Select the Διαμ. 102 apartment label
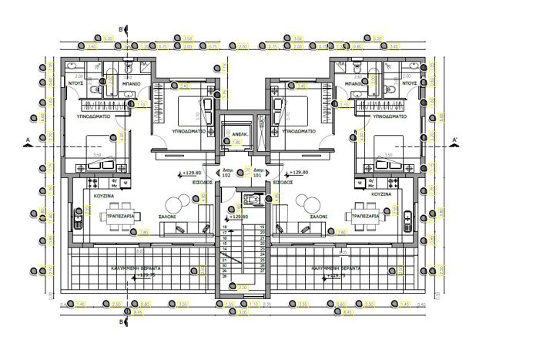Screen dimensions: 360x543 226,173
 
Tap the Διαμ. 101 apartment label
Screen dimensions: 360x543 259,173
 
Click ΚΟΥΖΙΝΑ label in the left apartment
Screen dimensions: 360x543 105,197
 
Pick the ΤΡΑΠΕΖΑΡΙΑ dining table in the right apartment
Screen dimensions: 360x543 367,217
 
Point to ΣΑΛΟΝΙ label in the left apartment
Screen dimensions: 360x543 168,217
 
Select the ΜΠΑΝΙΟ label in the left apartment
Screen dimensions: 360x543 131,82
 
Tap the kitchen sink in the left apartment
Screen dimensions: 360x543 79,220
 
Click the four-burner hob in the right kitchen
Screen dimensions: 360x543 360,183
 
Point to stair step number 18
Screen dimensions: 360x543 225,227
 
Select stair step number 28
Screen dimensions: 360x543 225,275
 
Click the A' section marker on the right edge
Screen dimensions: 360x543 455,140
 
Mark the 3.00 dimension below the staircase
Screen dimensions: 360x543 243,312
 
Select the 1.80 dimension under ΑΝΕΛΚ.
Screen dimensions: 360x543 237,143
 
